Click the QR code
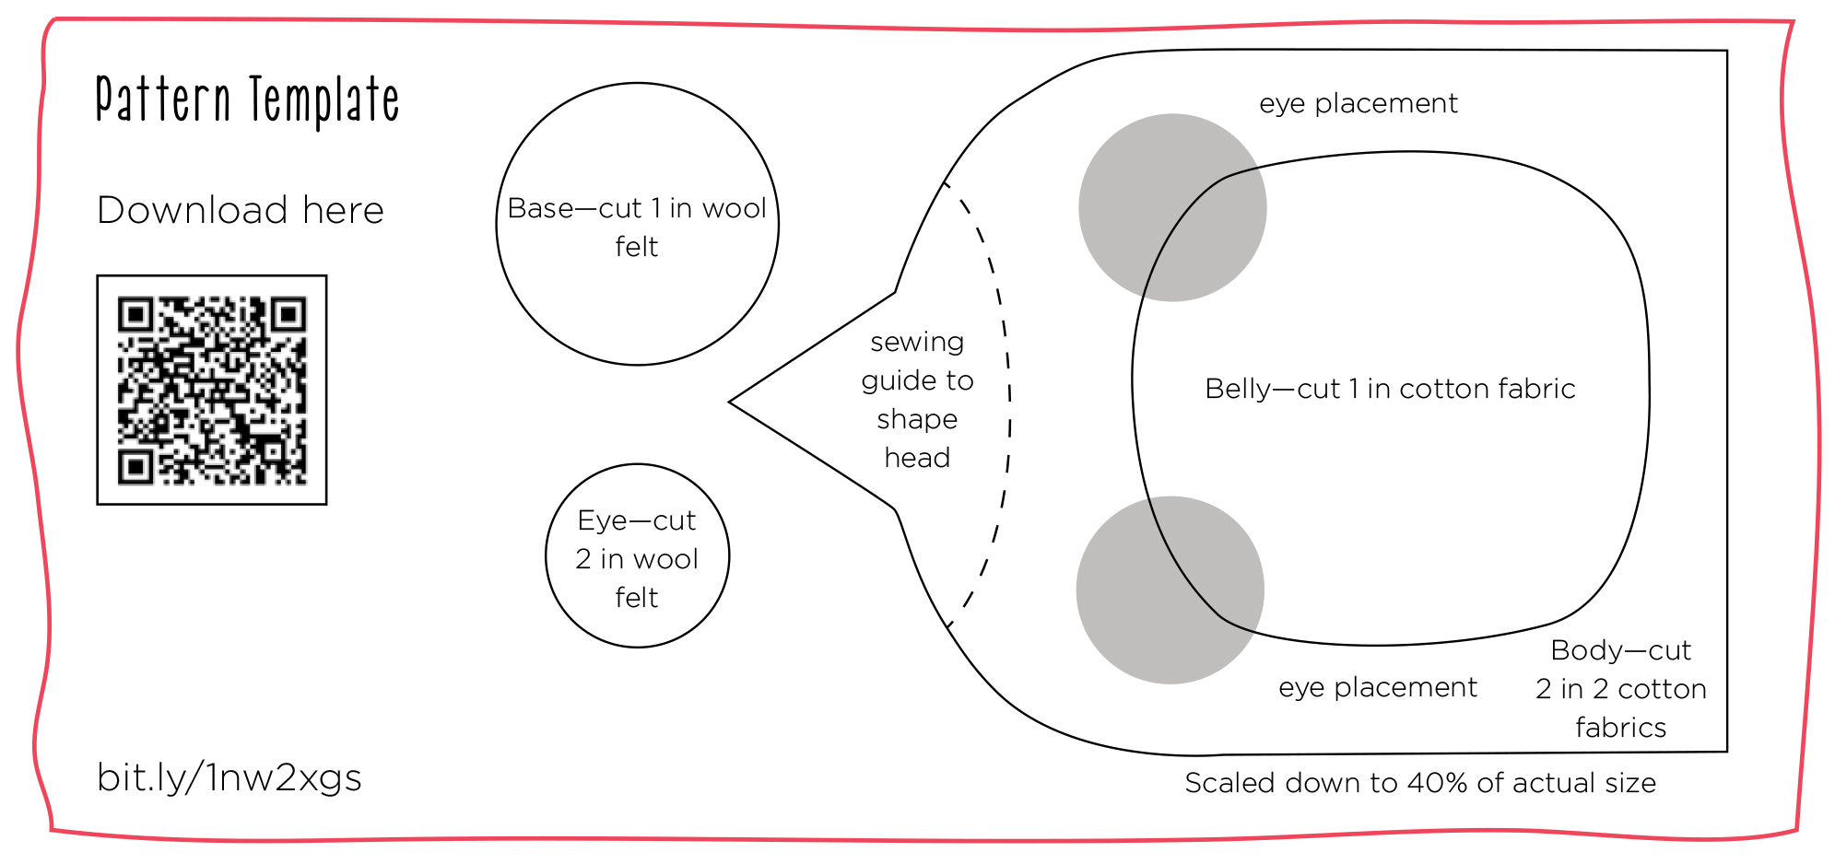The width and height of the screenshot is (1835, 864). point(212,390)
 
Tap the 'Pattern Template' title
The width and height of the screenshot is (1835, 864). point(247,100)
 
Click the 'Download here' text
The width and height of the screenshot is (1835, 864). point(240,210)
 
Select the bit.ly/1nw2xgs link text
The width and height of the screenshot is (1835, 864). point(229,778)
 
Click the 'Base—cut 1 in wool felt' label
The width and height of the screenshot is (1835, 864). point(637,227)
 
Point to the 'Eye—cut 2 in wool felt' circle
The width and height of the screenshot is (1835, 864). point(637,556)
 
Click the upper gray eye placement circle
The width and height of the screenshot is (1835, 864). point(1171,207)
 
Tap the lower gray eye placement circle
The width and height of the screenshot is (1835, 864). point(1170,590)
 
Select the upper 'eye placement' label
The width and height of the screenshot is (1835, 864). point(1358,103)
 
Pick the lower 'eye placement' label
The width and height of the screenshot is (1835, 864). point(1377,687)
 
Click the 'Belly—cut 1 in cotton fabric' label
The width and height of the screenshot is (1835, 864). point(1390,389)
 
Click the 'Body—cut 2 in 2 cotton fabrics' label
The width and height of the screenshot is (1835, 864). point(1620,688)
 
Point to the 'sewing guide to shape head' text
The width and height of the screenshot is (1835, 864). point(917,400)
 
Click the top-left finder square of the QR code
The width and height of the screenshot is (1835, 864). point(135,316)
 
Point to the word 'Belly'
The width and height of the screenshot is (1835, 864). point(1238,389)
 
